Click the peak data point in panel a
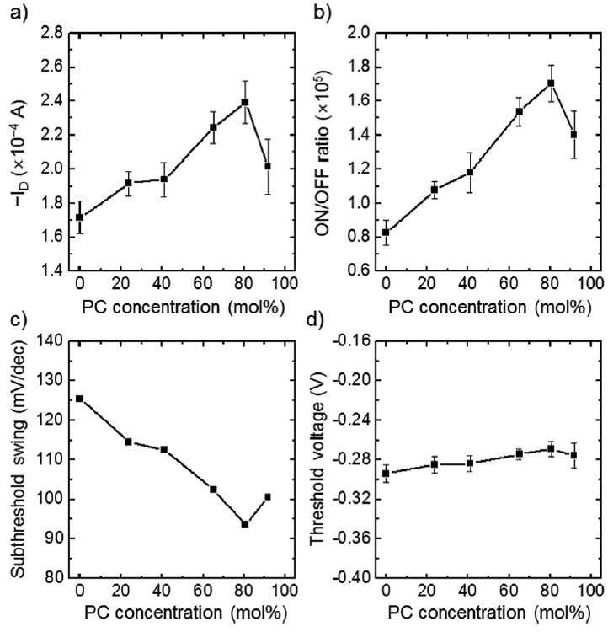[244, 102]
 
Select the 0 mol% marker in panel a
[80, 217]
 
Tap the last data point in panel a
[268, 166]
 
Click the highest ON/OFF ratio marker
[551, 83]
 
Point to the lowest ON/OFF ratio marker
[386, 233]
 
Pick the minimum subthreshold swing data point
[244, 524]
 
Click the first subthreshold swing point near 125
[80, 399]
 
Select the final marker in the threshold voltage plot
[573, 455]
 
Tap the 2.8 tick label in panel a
[52, 33]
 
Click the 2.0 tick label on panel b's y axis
[359, 33]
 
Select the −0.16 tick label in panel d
[350, 341]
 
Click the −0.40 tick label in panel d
[350, 577]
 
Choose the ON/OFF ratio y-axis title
[323, 153]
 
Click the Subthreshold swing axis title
[18, 459]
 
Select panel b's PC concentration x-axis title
[490, 308]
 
